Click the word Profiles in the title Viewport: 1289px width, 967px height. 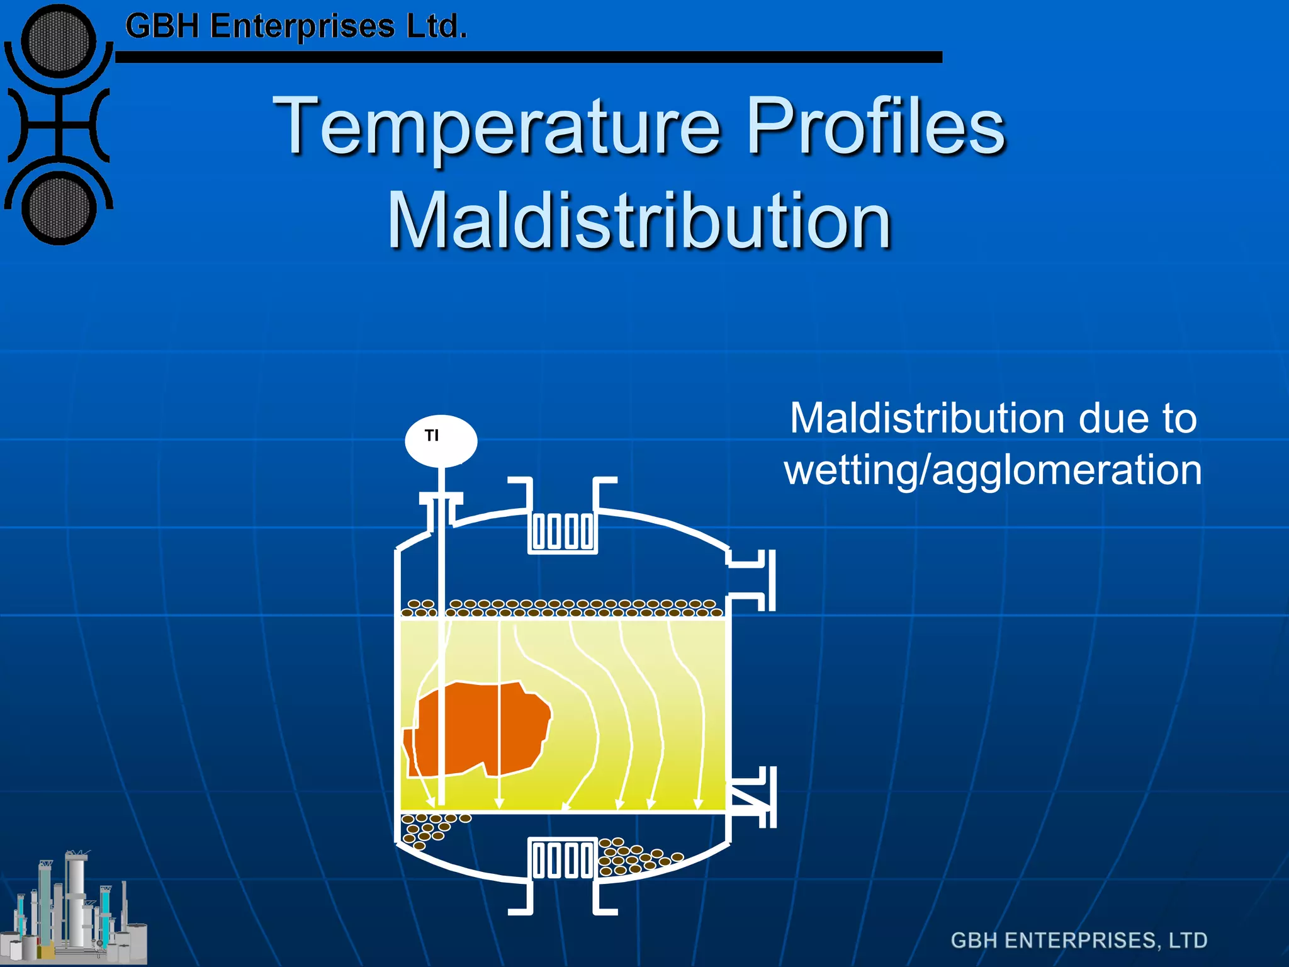click(x=875, y=126)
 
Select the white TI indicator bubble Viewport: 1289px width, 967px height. click(x=441, y=441)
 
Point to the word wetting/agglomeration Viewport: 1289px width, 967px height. click(x=993, y=470)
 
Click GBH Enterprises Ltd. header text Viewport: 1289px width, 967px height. click(x=296, y=26)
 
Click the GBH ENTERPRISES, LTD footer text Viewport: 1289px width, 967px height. click(x=1079, y=941)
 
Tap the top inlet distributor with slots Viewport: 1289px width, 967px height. click(x=562, y=532)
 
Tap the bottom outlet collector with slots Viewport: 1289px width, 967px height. click(x=562, y=859)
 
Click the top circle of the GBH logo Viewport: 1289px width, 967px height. click(x=58, y=41)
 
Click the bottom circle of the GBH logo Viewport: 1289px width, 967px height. click(x=58, y=208)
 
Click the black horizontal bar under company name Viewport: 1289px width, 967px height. click(x=529, y=57)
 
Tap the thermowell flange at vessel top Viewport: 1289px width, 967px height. click(x=441, y=499)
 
